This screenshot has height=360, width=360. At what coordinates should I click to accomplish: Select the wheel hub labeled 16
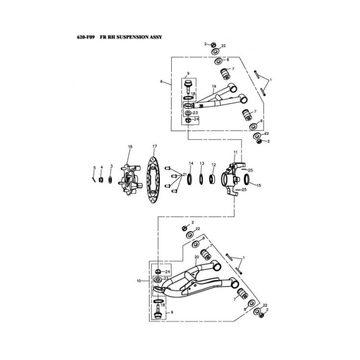click(x=129, y=180)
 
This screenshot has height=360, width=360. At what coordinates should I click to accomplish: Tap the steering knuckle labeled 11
click(x=232, y=179)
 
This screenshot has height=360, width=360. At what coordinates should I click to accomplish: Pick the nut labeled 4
click(x=101, y=180)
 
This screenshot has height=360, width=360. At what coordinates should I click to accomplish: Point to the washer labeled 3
click(x=110, y=180)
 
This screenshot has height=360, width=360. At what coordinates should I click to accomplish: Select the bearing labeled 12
click(x=212, y=180)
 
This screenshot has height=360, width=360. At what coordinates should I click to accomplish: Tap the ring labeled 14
click(x=190, y=180)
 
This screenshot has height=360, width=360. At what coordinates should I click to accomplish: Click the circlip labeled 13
click(x=201, y=180)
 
